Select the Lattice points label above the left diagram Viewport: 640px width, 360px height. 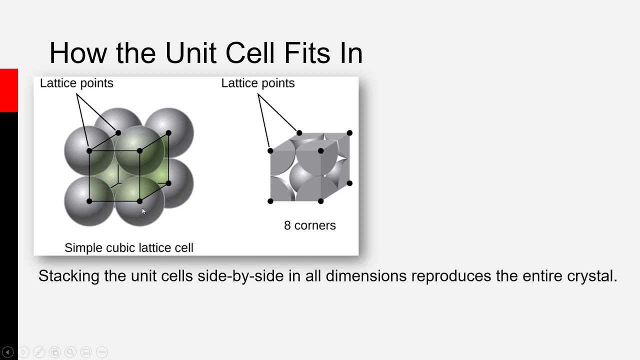(x=76, y=83)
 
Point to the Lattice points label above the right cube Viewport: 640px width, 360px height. (x=258, y=83)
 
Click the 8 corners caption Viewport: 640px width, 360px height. (x=309, y=225)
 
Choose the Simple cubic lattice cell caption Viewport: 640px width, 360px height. (x=128, y=247)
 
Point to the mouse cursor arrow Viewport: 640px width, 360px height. (x=143, y=211)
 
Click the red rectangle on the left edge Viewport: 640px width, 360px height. (x=8, y=90)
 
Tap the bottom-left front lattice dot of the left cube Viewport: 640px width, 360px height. (x=89, y=201)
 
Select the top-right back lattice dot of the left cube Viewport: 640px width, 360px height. (x=168, y=133)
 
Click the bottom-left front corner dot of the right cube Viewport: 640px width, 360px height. (x=270, y=201)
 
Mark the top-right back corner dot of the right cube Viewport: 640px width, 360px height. (x=349, y=133)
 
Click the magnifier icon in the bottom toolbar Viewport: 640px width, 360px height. (x=70, y=352)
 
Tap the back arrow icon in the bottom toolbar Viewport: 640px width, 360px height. (x=8, y=352)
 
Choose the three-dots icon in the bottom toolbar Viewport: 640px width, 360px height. (x=101, y=352)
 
